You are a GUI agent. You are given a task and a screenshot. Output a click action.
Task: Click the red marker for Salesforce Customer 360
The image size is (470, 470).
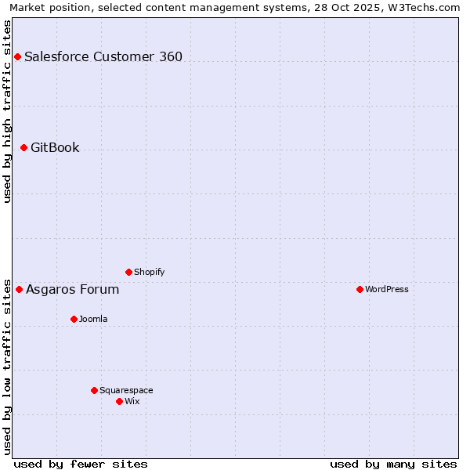17,56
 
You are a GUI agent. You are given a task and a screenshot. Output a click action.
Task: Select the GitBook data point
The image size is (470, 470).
23,147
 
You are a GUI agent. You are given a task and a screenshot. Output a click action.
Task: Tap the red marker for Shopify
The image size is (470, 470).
128,272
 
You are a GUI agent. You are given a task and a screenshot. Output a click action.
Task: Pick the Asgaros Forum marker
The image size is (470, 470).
19,289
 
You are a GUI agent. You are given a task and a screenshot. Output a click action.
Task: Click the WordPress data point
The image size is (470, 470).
360,289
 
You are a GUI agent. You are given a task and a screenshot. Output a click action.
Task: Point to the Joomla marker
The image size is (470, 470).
74,319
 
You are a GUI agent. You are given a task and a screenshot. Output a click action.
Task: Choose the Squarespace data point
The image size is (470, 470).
94,390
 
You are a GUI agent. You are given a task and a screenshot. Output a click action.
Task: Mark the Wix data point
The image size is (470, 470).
119,401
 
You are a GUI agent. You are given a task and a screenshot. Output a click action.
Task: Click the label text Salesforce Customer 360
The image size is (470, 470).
103,56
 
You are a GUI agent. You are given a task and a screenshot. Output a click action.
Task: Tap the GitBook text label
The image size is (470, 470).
55,147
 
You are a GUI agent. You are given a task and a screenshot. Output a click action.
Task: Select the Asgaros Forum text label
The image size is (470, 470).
73,289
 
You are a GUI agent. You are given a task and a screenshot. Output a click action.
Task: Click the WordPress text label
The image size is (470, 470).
387,289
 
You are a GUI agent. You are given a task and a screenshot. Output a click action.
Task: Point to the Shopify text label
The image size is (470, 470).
150,272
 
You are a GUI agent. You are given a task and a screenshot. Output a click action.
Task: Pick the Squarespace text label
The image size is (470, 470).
126,390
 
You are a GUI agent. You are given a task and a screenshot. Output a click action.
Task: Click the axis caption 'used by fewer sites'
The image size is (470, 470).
81,464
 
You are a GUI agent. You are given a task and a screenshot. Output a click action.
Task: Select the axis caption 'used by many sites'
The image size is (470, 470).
393,464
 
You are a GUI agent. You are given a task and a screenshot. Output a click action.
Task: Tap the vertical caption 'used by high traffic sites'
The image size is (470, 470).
7,112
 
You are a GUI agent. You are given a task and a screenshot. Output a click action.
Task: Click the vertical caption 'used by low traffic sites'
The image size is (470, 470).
7,367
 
